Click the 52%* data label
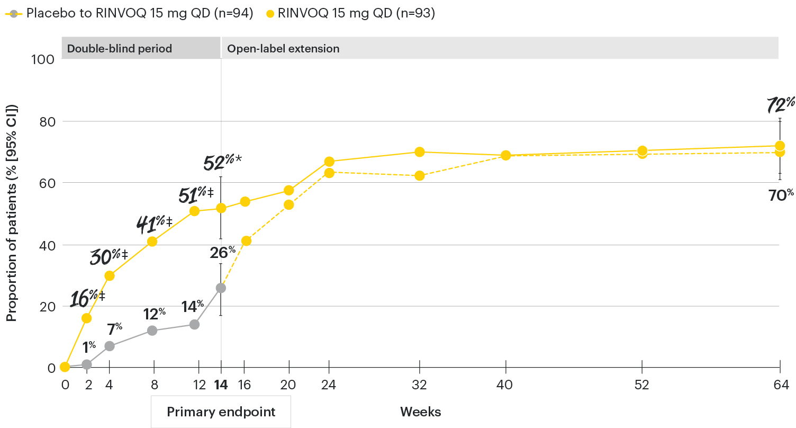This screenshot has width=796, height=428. [x=222, y=162]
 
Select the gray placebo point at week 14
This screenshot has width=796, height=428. [x=221, y=288]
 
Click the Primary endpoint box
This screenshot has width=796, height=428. [x=221, y=412]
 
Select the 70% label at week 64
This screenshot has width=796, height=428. [x=781, y=195]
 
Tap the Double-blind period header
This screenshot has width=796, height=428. [x=120, y=49]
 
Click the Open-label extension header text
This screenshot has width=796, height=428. [x=283, y=49]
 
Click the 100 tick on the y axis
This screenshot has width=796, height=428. [x=46, y=59]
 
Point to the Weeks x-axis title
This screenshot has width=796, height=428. [x=420, y=412]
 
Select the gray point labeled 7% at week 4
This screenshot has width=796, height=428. [x=110, y=346]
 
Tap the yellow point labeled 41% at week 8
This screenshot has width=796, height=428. [x=152, y=242]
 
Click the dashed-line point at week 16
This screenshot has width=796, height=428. [x=246, y=241]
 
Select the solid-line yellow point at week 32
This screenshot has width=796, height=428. [x=420, y=152]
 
